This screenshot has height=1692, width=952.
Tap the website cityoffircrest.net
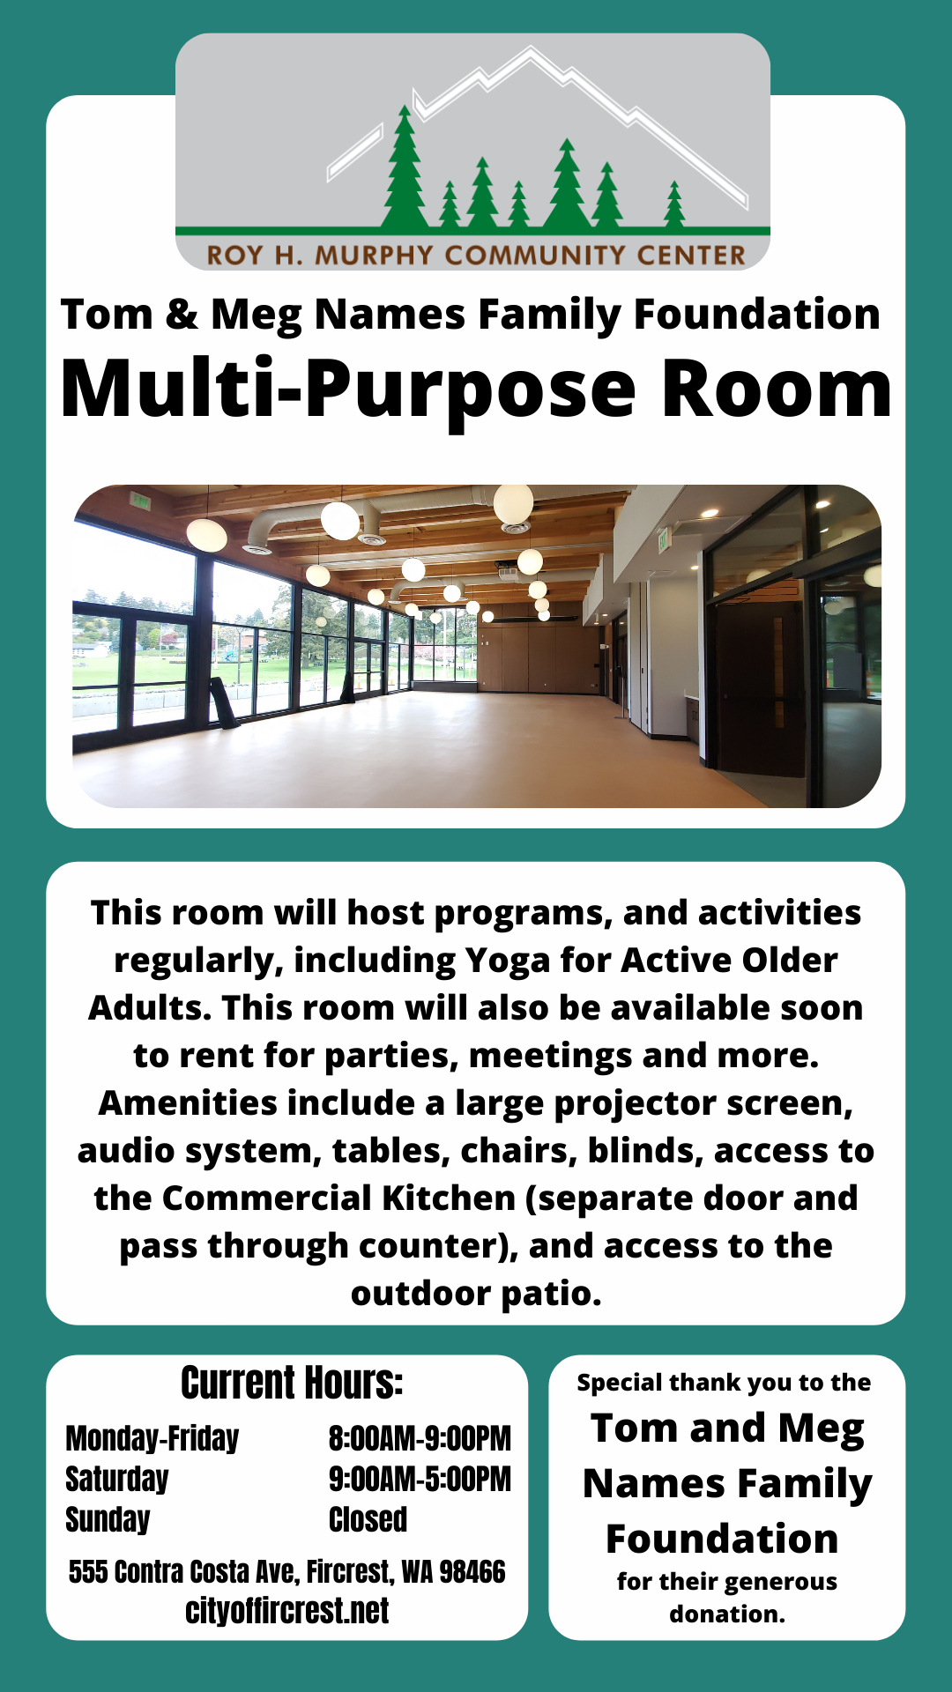[x=286, y=1611]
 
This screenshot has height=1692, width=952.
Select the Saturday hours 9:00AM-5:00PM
[x=420, y=1479]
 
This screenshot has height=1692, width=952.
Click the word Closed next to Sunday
[x=368, y=1519]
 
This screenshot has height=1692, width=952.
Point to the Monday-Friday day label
[x=152, y=1438]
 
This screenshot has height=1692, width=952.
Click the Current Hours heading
[x=292, y=1383]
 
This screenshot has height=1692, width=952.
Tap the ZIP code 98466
[x=472, y=1571]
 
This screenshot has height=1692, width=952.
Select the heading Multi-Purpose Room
[x=476, y=390]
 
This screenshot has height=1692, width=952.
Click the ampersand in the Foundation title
[x=182, y=315]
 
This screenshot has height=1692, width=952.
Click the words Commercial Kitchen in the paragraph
[x=339, y=1198]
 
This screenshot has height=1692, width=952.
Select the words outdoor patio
[x=476, y=1295]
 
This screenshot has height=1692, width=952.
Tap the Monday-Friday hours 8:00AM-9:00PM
[x=420, y=1438]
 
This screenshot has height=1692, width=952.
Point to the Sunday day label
[x=108, y=1520]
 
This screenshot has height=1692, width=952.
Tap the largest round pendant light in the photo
[x=513, y=503]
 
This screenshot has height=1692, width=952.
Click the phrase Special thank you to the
[x=724, y=1383]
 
